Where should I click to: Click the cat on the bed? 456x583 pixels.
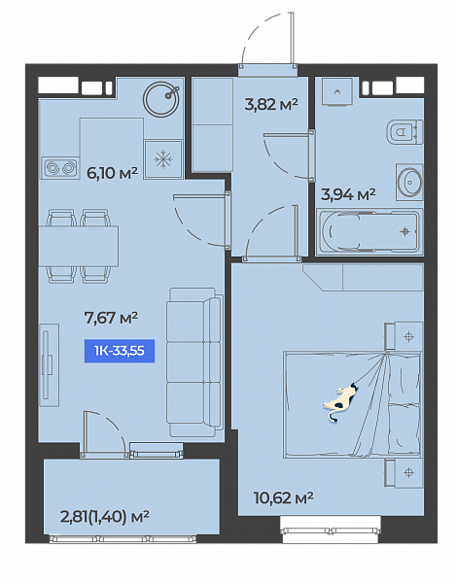[x=340, y=401]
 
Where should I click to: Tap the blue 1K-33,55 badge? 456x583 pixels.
[x=120, y=351]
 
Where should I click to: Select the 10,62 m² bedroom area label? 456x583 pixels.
[x=283, y=497]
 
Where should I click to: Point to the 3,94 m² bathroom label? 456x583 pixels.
[x=348, y=194]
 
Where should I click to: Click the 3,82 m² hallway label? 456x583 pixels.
[x=271, y=105]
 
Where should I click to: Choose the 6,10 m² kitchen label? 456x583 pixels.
[x=112, y=173]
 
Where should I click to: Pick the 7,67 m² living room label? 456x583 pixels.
[x=111, y=318]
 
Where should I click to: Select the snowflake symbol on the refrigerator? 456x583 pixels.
[x=163, y=159]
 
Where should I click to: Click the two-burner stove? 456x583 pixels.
[x=60, y=168]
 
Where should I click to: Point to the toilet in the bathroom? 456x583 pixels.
[x=405, y=132]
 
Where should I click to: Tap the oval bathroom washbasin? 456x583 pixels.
[x=409, y=183]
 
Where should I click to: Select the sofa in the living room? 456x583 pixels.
[x=194, y=361]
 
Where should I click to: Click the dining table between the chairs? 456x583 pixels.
[x=79, y=246]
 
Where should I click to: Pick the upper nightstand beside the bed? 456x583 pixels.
[x=403, y=336]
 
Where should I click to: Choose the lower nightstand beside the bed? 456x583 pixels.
[x=403, y=472]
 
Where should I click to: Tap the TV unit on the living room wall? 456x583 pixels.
[x=49, y=364]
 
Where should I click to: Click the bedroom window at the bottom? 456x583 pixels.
[x=331, y=531]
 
